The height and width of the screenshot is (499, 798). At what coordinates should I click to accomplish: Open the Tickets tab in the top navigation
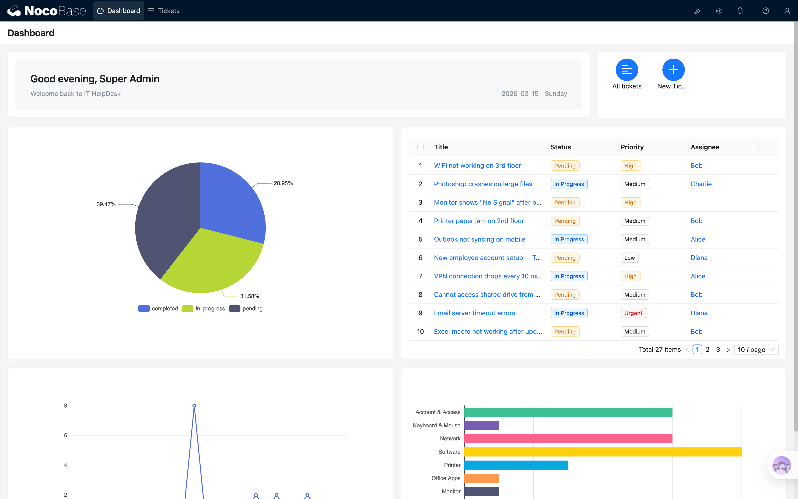(x=164, y=11)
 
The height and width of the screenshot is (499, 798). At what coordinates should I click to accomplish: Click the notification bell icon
(x=740, y=11)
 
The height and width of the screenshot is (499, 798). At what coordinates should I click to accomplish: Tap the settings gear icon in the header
(x=718, y=11)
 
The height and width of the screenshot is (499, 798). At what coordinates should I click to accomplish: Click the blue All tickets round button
(x=626, y=70)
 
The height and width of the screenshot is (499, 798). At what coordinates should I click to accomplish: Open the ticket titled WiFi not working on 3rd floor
(x=477, y=166)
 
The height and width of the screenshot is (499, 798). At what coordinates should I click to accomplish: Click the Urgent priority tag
(x=633, y=313)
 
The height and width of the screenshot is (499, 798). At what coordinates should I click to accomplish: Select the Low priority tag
(x=629, y=258)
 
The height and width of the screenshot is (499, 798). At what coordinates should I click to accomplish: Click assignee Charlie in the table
(x=701, y=184)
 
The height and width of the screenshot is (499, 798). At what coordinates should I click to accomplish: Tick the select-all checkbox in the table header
(x=420, y=147)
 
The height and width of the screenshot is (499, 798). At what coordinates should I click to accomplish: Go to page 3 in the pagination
(x=718, y=349)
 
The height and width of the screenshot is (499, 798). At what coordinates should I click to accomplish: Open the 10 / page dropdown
(x=756, y=349)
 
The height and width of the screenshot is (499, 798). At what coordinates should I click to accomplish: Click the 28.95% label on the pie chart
(x=283, y=183)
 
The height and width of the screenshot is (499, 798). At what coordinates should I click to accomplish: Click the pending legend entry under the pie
(x=246, y=309)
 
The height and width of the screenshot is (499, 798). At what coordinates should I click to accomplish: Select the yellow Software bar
(x=603, y=452)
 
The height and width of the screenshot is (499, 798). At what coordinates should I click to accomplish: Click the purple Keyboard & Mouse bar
(x=481, y=425)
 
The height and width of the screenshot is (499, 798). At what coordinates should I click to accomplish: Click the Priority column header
(x=632, y=147)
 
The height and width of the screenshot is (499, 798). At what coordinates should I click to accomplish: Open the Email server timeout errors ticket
(x=474, y=313)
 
